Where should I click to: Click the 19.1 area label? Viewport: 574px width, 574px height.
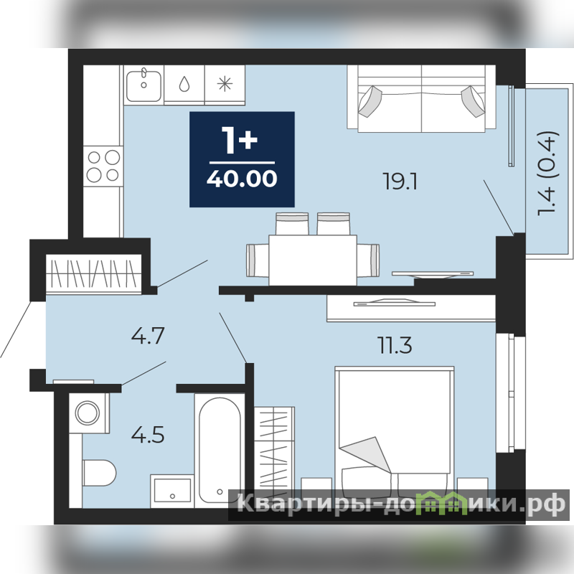coord(400,182)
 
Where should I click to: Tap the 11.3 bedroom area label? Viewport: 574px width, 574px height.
coord(395,346)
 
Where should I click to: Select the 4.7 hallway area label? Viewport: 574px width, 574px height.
coord(148,336)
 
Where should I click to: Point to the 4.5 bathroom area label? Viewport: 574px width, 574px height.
coord(148,435)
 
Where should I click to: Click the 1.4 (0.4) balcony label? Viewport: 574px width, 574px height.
coord(548,173)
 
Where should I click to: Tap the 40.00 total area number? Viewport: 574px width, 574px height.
coord(242,179)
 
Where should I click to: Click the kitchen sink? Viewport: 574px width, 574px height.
coord(143,85)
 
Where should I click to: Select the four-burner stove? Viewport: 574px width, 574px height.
coord(103,166)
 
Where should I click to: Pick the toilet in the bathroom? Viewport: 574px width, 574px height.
coord(99,473)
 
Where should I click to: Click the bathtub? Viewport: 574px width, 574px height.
coord(220,451)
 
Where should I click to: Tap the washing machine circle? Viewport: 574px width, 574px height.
coord(88,413)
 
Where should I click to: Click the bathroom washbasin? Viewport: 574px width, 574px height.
coord(172,491)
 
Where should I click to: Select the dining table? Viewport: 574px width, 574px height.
coord(313,260)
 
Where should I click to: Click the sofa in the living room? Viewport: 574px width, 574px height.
coord(421,98)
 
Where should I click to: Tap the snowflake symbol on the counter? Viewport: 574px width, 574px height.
coord(225,84)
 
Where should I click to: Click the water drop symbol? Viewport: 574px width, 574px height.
coord(184,84)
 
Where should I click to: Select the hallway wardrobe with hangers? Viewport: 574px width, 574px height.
coord(94,274)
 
